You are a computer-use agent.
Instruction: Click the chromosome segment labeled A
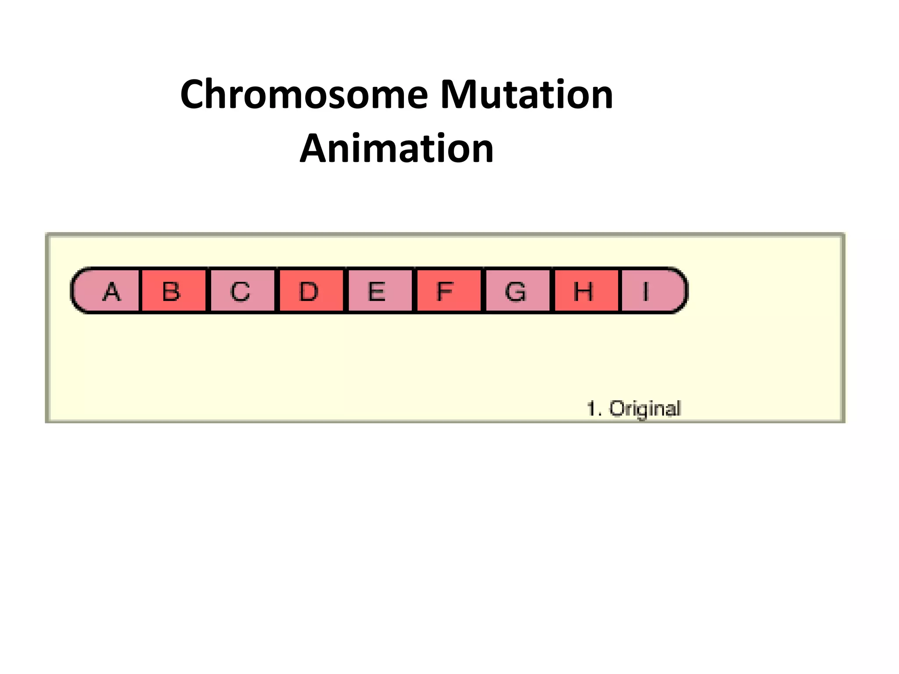[108, 291]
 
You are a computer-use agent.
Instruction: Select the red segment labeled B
[173, 291]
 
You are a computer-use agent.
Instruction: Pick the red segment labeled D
[311, 291]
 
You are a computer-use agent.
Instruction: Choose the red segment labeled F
[448, 291]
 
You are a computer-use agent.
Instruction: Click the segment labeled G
[517, 291]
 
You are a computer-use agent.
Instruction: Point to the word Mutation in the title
[526, 95]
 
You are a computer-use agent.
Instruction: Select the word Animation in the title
[397, 149]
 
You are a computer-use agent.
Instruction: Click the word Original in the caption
[645, 409]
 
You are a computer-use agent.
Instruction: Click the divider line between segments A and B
[140, 291]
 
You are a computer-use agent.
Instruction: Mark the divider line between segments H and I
[620, 291]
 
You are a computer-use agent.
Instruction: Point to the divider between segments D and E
[346, 291]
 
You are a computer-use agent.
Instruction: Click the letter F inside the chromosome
[445, 291]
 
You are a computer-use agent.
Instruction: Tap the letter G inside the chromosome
[515, 291]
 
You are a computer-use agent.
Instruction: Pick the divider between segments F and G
[483, 291]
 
